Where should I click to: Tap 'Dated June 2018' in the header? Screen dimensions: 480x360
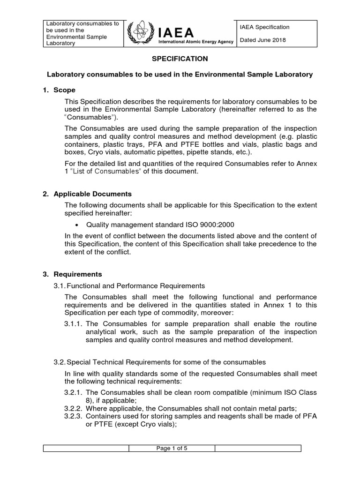pyautogui.click(x=262, y=40)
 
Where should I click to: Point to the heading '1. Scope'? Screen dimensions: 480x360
pyautogui.click(x=59, y=90)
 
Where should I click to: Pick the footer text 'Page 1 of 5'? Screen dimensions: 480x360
pyautogui.click(x=172, y=448)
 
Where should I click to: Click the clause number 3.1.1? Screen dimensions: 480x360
pyautogui.click(x=73, y=323)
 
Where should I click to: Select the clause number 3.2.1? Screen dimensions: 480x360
pyautogui.click(x=73, y=392)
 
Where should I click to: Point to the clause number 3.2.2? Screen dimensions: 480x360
pyautogui.click(x=73, y=408)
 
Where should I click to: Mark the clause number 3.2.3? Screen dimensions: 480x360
pyautogui.click(x=73, y=416)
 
